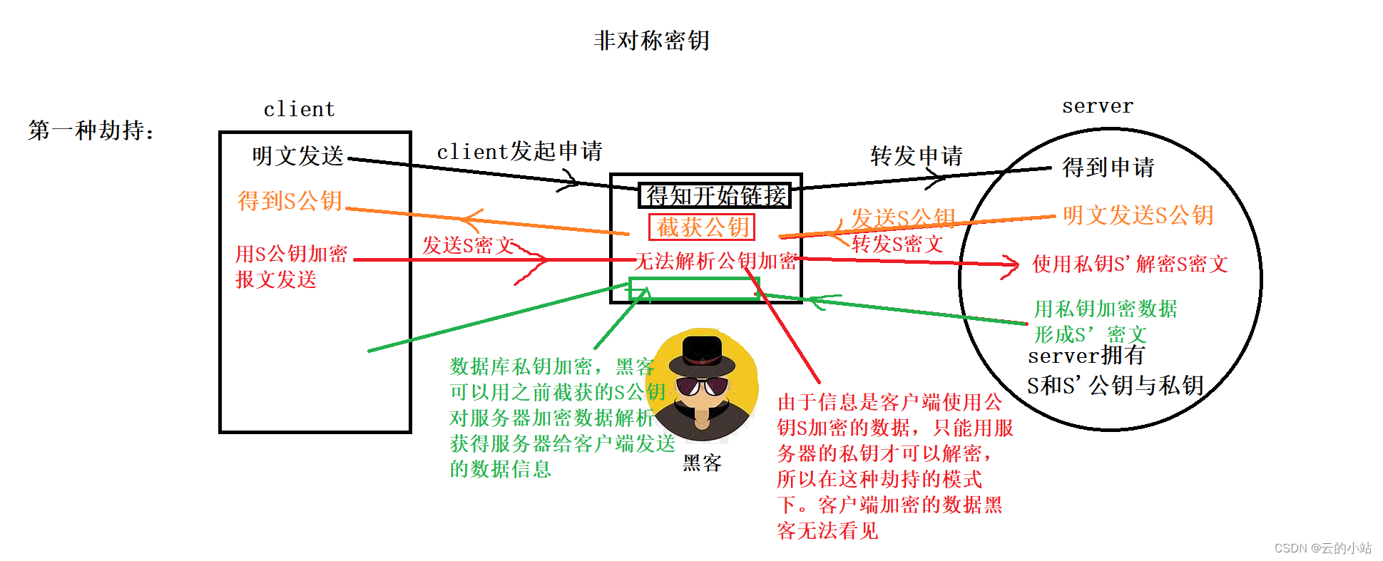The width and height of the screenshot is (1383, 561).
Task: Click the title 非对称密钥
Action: pos(651,41)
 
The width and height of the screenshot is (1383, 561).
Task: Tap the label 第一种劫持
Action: pos(91,130)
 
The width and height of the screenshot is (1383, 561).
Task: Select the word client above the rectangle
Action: pos(299,109)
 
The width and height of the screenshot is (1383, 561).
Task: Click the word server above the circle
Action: pos(1097,106)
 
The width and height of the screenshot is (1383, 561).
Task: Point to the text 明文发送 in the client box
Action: pos(297,155)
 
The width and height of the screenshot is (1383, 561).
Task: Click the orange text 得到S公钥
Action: pos(290,201)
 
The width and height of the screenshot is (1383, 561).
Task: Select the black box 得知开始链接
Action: pos(715,195)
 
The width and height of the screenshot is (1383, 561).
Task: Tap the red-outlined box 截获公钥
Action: pos(702,227)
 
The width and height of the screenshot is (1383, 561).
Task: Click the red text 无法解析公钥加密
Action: pos(715,262)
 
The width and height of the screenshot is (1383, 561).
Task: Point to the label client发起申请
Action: pos(519,151)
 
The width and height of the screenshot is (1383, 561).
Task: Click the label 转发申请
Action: pos(917,155)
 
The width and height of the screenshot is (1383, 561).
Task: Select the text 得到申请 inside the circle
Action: pos(1108,168)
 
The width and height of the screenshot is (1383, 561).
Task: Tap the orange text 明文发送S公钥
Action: pos(1138,215)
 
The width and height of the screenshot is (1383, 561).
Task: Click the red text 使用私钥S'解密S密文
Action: pos(1130,264)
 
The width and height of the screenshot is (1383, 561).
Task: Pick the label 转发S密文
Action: pos(897,245)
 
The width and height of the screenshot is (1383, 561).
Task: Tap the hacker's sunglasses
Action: pos(702,386)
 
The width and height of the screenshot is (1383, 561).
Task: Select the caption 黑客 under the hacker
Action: pos(702,464)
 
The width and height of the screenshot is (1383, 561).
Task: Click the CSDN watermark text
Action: pos(1322,548)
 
